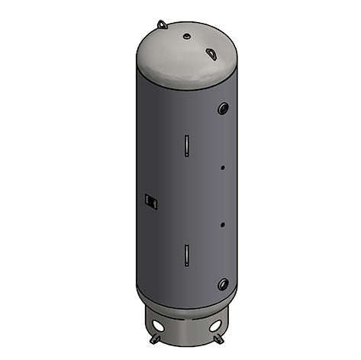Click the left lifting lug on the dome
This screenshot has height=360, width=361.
162,24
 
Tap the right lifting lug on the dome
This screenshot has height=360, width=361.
211,53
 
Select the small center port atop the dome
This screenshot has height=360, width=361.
186,36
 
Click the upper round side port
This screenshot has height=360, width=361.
223,108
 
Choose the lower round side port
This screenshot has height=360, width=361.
223,284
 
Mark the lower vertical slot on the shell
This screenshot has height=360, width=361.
185,255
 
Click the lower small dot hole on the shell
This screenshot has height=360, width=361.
221,224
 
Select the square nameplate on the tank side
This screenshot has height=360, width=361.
150,201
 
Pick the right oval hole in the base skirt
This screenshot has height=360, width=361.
215,326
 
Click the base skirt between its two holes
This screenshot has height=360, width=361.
186,332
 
